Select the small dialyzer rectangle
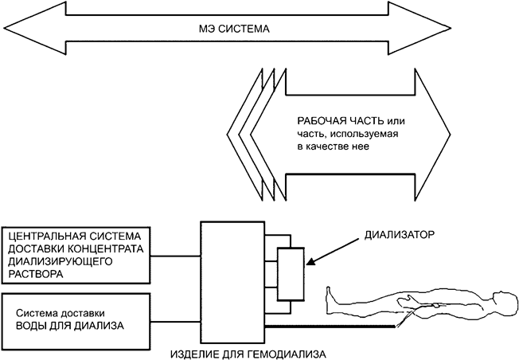coord(290,273)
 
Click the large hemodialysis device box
coord(231,279)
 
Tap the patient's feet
coord(328,299)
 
